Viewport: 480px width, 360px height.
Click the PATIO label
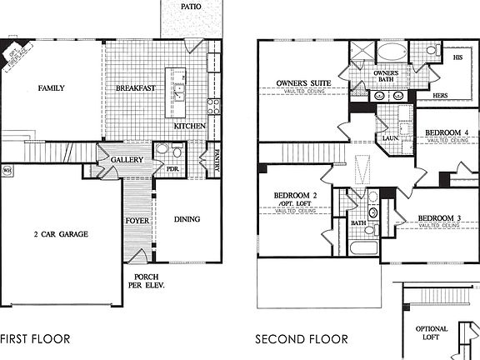click(191, 7)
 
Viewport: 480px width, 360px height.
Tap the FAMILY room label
click(51, 87)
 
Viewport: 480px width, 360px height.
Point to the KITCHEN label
click(190, 126)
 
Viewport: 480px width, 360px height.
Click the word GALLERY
click(127, 160)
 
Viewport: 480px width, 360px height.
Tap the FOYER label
click(137, 221)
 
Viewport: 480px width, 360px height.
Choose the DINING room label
click(187, 220)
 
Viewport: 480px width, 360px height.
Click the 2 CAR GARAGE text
click(61, 234)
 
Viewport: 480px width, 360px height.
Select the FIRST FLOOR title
click(35, 339)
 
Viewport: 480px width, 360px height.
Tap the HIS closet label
click(457, 58)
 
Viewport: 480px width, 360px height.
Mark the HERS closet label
click(440, 96)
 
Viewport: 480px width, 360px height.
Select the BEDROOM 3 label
click(437, 217)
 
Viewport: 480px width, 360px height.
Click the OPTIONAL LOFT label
click(431, 333)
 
